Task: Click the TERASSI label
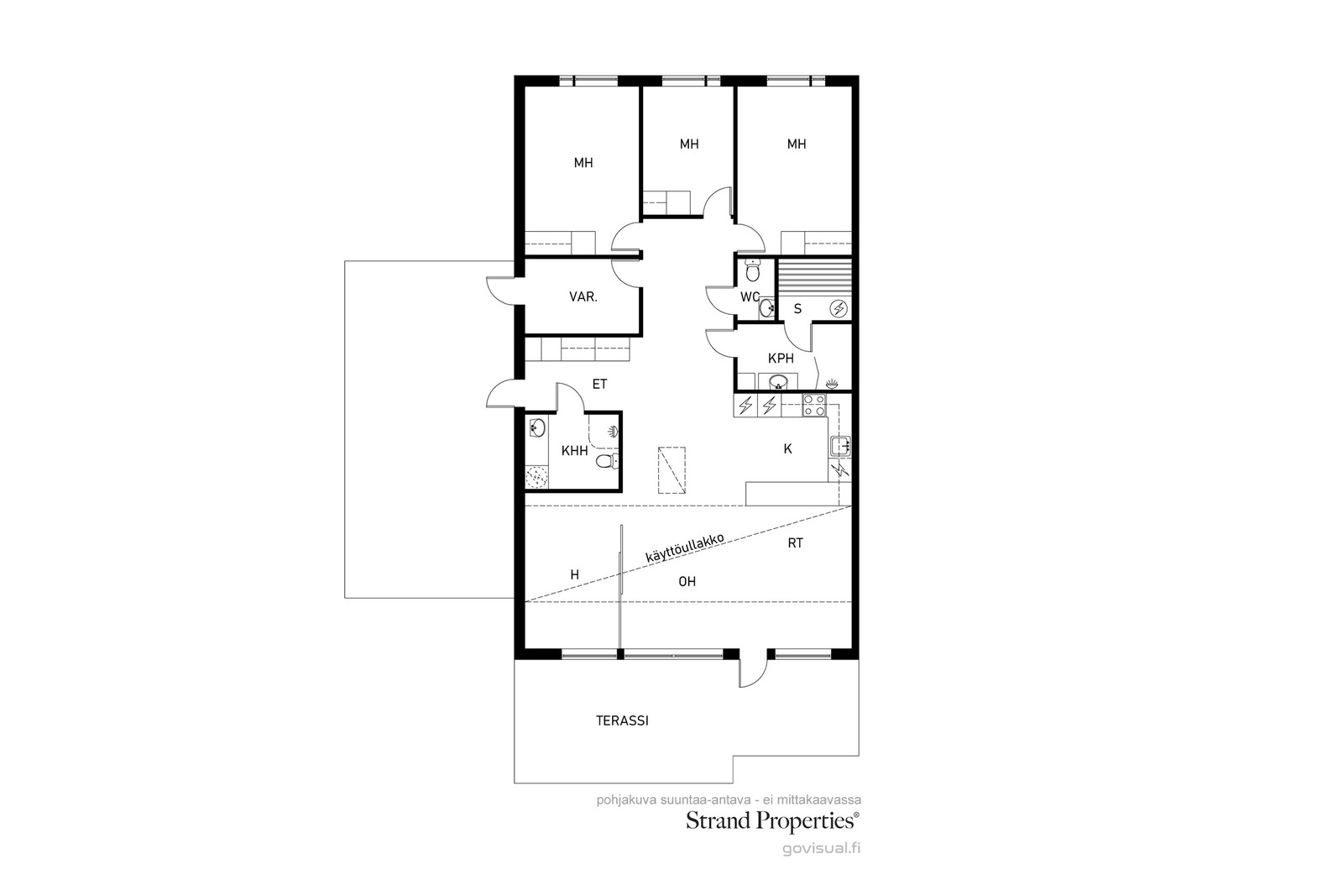[x=622, y=720]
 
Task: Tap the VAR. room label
[x=583, y=297]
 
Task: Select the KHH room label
[x=574, y=451]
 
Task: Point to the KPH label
[x=781, y=359]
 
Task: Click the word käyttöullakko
[x=685, y=548]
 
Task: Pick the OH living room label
[x=687, y=582]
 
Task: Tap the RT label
[x=795, y=543]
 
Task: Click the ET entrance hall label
[x=599, y=385]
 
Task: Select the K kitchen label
[x=788, y=449]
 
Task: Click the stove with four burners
[x=814, y=406]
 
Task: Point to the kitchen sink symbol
[x=840, y=446]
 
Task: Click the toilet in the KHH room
[x=607, y=461]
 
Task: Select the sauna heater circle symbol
[x=839, y=309]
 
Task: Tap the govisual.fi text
[x=822, y=849]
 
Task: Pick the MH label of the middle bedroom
[x=689, y=144]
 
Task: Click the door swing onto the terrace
[x=754, y=668]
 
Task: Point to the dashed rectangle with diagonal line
[x=671, y=470]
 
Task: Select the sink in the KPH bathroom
[x=777, y=381]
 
